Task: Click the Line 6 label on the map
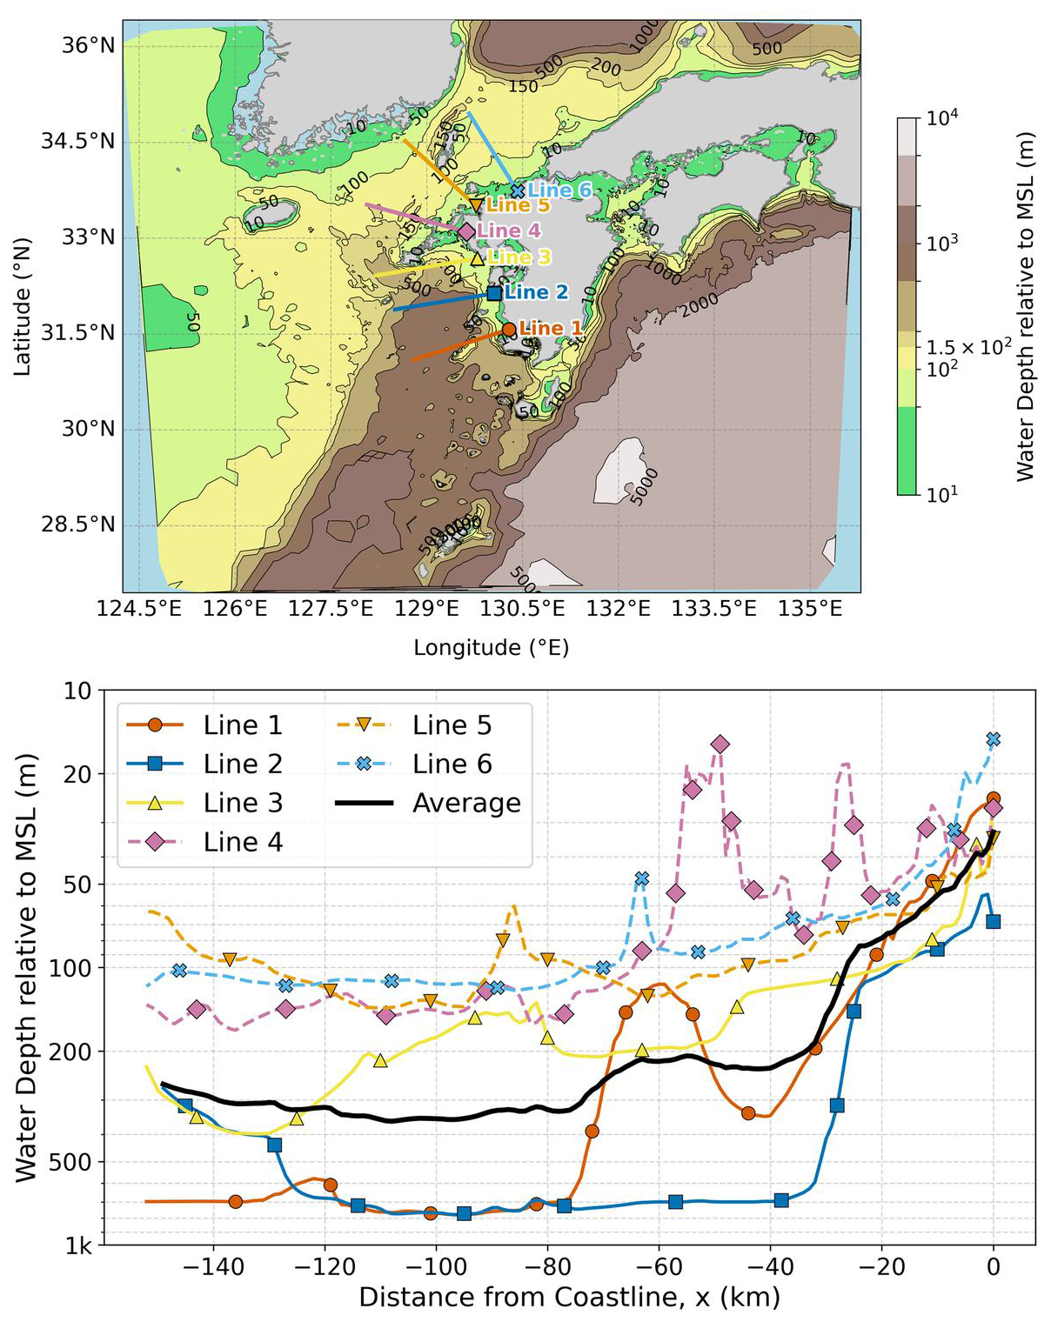560,190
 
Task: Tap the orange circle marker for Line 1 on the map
509,330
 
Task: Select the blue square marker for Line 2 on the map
494,293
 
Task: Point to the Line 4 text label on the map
509,231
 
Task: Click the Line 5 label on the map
518,206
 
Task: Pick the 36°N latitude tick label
88,45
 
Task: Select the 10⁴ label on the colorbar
941,118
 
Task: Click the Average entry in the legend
466,803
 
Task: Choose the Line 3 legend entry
243,803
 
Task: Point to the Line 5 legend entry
452,725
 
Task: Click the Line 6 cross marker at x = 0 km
994,739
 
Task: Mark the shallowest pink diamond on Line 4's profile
720,744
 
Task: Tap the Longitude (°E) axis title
491,648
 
